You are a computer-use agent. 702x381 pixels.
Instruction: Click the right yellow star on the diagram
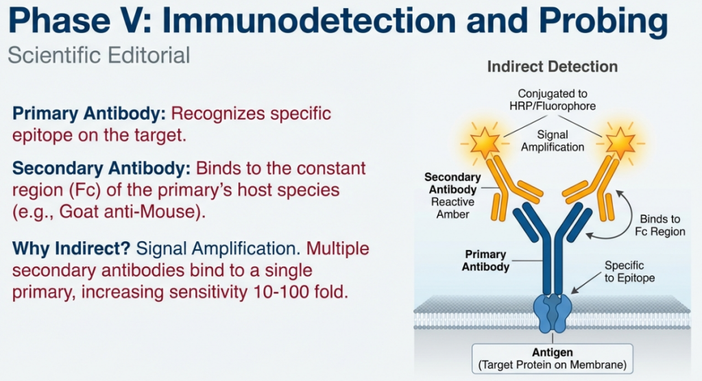pos(621,143)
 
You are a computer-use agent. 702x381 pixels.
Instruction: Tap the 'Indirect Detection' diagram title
pos(552,67)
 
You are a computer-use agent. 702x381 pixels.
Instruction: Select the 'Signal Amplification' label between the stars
pos(552,141)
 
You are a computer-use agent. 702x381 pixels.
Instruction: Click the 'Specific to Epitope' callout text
pos(629,271)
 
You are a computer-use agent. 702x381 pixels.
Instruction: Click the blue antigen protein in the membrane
pos(553,311)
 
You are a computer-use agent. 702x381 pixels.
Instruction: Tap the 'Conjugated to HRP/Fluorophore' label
pos(552,99)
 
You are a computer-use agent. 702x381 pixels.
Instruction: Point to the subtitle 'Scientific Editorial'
pos(99,55)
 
